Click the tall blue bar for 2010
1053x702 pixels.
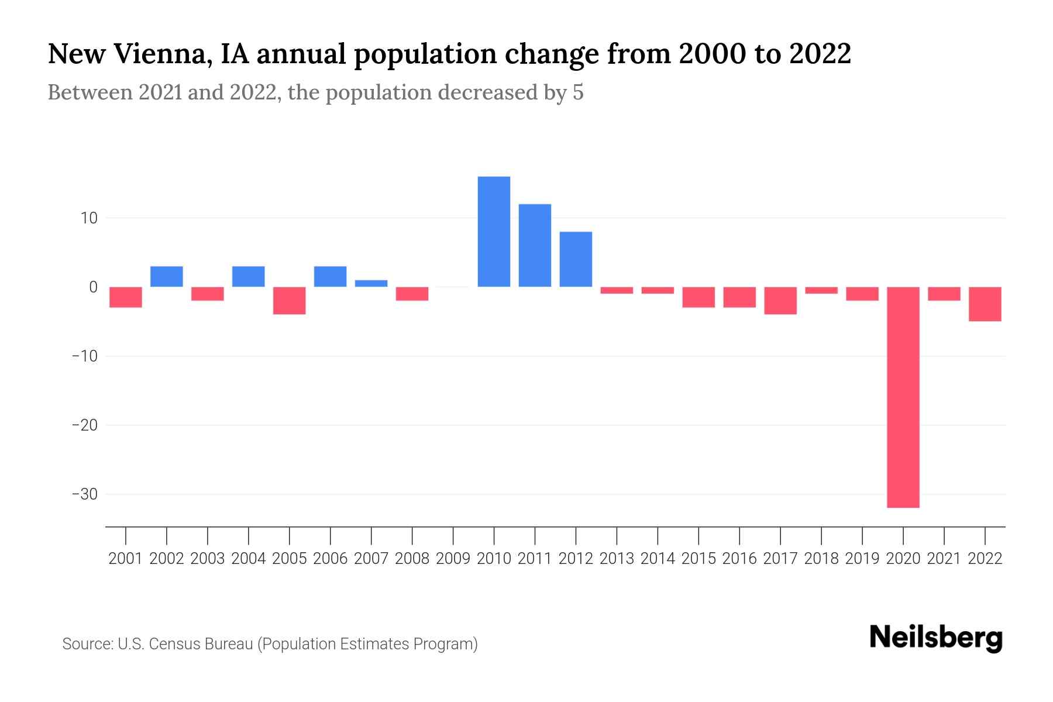point(494,232)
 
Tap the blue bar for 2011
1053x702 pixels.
point(535,246)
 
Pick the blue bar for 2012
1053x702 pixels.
point(576,259)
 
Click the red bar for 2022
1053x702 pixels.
point(985,304)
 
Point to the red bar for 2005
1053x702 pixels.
point(290,301)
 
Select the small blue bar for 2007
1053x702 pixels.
point(371,284)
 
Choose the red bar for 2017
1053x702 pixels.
point(780,301)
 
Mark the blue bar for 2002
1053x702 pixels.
point(167,277)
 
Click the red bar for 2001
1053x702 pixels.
point(126,297)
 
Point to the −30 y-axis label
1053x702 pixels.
point(84,494)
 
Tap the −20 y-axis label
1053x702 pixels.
point(84,425)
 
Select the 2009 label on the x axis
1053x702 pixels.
point(453,559)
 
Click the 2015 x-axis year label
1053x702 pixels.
point(698,559)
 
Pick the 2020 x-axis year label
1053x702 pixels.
point(903,559)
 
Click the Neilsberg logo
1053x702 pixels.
point(936,639)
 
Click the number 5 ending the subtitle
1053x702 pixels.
point(578,93)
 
